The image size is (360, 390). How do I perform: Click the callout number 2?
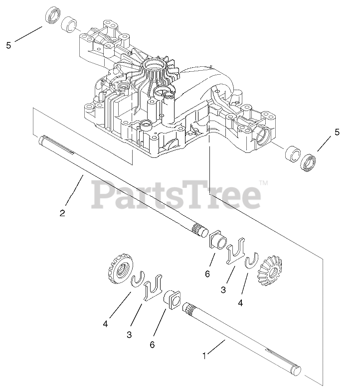point(62,213)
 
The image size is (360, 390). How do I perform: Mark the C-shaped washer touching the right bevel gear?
point(253,262)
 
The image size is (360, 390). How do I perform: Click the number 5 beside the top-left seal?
point(8,45)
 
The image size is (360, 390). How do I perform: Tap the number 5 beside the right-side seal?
point(337,132)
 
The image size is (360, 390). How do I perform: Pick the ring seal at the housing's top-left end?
point(52,16)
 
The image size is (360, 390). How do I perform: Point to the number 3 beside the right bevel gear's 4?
point(223,289)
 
